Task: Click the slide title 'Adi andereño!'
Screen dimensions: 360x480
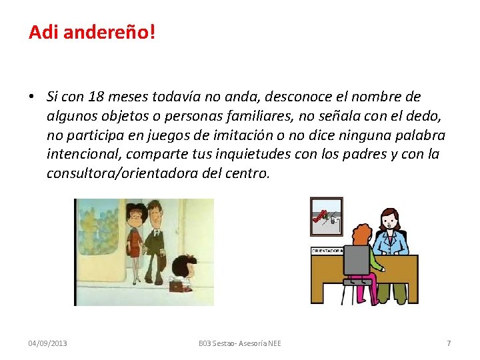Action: point(91,31)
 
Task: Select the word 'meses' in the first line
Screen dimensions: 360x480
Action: point(129,97)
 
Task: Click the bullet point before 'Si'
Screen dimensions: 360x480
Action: point(32,97)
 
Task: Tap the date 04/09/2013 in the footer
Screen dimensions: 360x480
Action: point(47,343)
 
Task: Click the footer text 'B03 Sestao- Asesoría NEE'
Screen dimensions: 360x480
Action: point(240,343)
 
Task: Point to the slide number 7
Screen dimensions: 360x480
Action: point(449,343)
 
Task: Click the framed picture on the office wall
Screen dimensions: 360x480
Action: point(327,217)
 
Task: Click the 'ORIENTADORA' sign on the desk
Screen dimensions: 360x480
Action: point(327,251)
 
